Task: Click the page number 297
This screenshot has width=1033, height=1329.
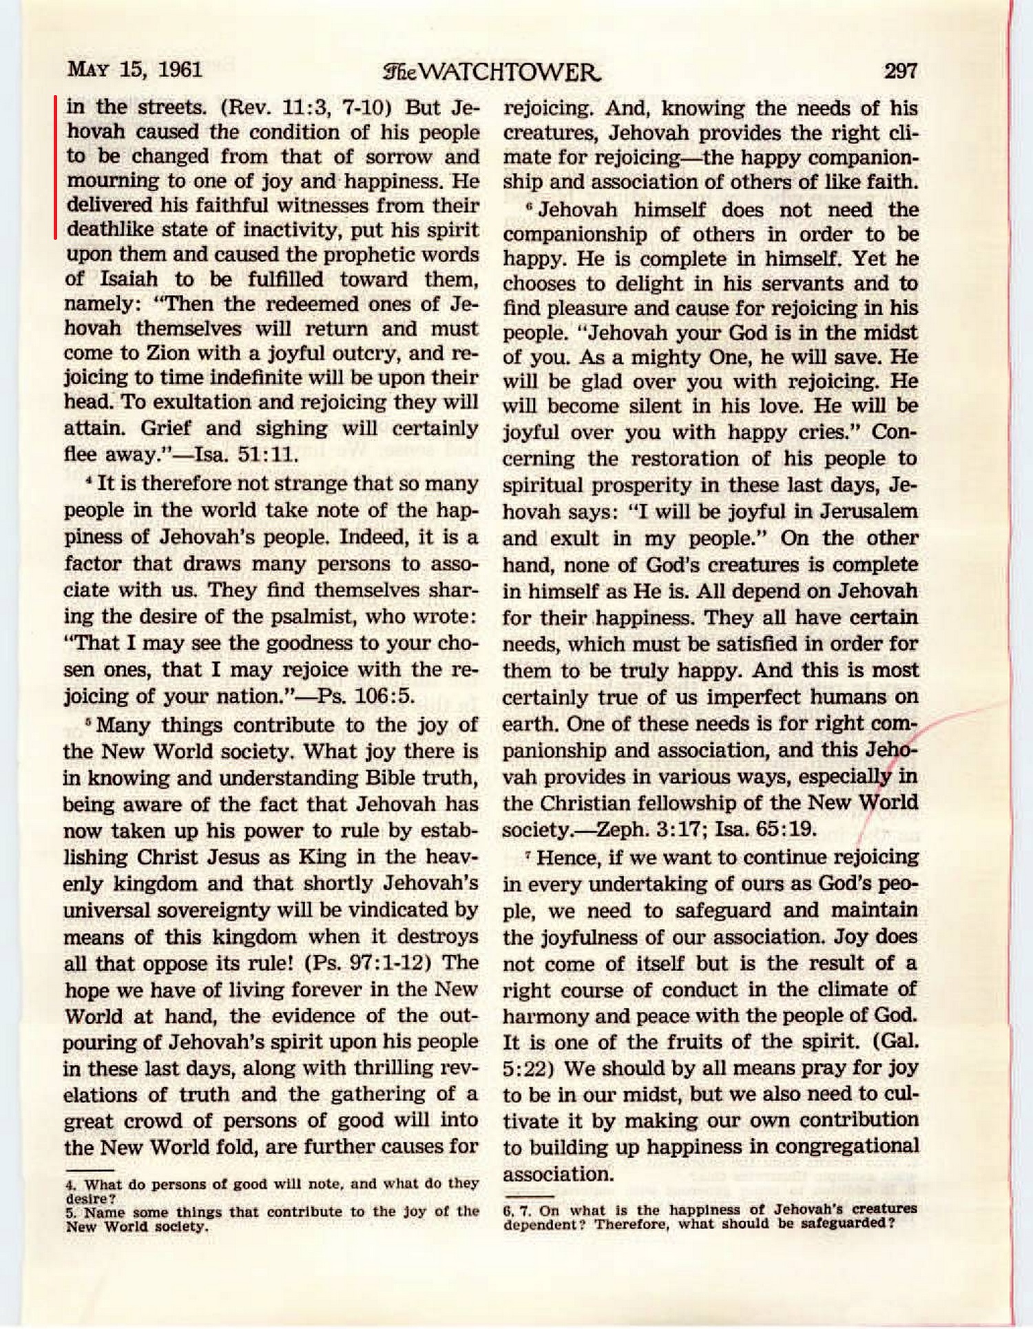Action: click(900, 71)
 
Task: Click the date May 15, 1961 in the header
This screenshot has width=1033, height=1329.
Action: click(135, 70)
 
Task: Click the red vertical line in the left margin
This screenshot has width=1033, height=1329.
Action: click(56, 167)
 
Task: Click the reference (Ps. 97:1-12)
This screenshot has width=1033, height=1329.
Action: click(368, 962)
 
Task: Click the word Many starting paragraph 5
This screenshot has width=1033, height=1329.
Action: click(122, 725)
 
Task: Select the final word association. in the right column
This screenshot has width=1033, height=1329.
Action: click(558, 1174)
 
